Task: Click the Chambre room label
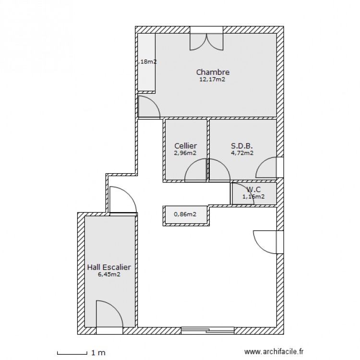point(213,72)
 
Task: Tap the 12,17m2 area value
point(213,80)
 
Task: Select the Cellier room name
point(185,146)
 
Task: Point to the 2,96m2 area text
point(185,153)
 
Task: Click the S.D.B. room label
point(242,146)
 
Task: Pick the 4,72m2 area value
point(242,153)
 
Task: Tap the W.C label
point(254,189)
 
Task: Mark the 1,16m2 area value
point(253,196)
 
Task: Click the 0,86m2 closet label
point(185,215)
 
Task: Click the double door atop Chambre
point(206,41)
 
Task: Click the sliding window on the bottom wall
point(208,330)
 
